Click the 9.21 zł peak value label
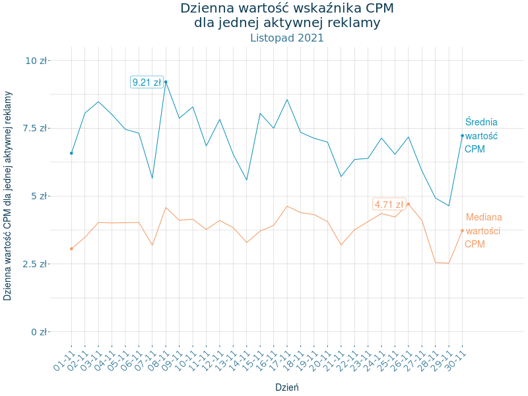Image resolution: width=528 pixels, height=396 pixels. point(147,82)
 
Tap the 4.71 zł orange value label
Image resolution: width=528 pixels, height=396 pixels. point(389,205)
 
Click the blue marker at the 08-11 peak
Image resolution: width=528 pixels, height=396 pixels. point(166,82)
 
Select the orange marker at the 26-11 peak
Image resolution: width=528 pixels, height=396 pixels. point(409,204)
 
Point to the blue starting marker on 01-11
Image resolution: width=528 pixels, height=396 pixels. point(71,153)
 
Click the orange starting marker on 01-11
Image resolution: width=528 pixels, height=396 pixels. point(71,249)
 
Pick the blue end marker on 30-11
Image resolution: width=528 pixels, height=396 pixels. point(462,136)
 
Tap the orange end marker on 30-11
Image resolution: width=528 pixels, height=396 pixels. point(462,230)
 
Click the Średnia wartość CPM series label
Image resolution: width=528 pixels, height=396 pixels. point(481,136)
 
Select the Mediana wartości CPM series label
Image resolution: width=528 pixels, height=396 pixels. point(483,230)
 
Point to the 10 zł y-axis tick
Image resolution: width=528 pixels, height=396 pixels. point(36,61)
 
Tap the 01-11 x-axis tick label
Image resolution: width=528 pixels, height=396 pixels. point(63,360)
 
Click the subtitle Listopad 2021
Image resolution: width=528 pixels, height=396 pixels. point(287,38)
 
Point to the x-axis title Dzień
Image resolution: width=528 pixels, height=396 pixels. point(287,387)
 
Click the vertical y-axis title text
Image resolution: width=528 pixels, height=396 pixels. point(8,195)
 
